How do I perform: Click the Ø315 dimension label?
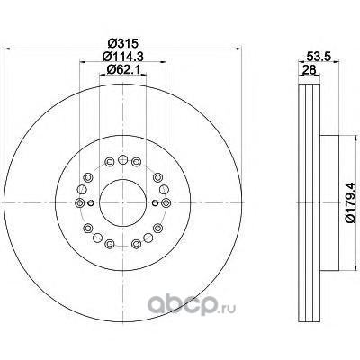(122, 43)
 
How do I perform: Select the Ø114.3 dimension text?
(122, 57)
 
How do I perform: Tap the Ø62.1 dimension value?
(122, 69)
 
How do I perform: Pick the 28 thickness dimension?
(309, 70)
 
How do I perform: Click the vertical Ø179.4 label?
(351, 203)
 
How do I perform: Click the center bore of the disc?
(122, 203)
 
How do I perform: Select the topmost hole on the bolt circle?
(122, 159)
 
